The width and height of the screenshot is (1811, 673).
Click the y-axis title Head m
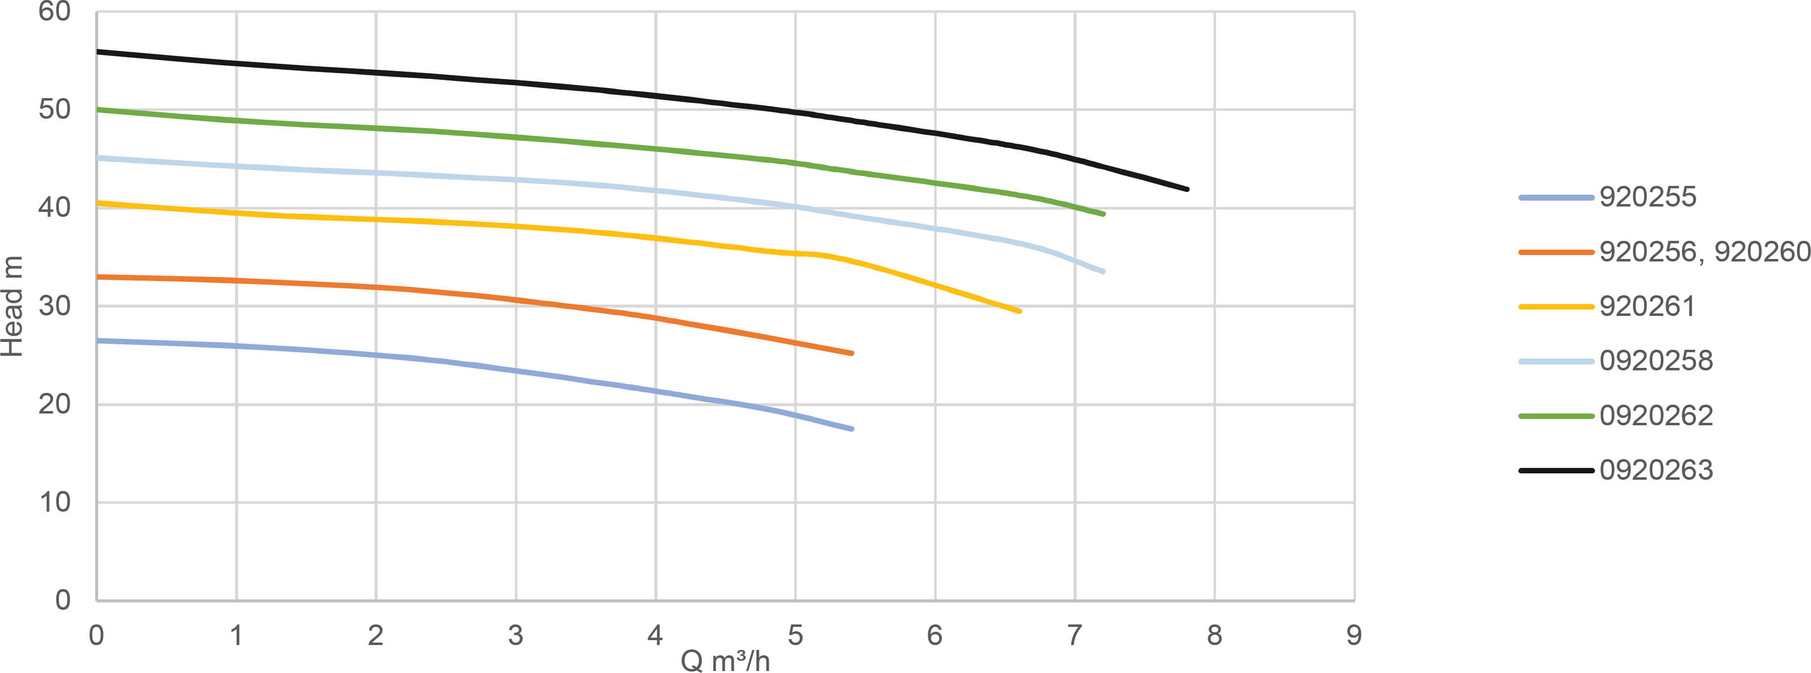click(x=13, y=306)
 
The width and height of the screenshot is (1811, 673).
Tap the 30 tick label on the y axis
click(x=55, y=306)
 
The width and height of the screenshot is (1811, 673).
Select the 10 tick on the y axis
click(x=55, y=502)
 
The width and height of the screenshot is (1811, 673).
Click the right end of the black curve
click(x=1187, y=189)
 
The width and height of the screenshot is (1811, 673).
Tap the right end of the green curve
click(x=1103, y=213)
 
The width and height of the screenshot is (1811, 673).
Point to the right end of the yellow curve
click(x=1019, y=311)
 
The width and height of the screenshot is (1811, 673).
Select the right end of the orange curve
click(x=851, y=353)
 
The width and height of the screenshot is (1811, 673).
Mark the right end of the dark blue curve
click(x=851, y=429)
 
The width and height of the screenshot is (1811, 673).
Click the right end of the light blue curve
click(x=1103, y=271)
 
